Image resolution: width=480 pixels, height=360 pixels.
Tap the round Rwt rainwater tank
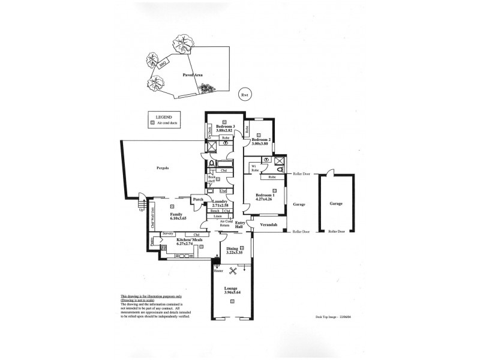[244, 95]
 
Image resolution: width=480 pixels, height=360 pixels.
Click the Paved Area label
[193, 75]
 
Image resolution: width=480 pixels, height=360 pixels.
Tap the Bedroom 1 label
[265, 196]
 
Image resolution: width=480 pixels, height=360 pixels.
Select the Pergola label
[160, 168]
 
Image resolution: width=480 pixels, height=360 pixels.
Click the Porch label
[197, 200]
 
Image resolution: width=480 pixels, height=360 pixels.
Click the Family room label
[176, 214]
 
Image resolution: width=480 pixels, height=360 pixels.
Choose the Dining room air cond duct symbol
[242, 248]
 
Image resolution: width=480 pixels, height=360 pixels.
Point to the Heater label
[218, 271]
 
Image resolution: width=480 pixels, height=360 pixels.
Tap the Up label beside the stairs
[142, 210]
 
